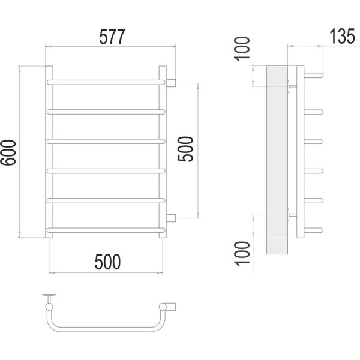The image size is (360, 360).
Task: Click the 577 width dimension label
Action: pos(112,37)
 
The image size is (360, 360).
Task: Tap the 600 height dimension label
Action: pos(8,152)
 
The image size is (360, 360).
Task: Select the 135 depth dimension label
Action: pos(342,36)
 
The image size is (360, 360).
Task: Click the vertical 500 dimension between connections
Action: pos(186,149)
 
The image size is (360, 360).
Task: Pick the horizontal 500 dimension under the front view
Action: pos(107,262)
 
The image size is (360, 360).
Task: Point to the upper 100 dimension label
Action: pos(242,49)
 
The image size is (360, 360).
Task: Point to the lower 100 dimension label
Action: pos(242,253)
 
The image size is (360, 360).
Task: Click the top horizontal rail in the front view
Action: pos(106,82)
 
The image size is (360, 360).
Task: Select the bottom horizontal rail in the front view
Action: pos(106,230)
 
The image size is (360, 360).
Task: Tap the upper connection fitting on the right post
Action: pos(171,83)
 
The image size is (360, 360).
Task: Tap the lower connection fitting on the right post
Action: pos(171,218)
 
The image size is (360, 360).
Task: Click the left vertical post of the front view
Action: pos(49,152)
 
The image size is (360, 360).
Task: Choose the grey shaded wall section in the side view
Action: pos(277,160)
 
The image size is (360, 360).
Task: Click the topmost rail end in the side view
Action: pos(314,76)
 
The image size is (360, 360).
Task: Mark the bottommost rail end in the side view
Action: pos(314,230)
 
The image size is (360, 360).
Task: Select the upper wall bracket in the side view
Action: pos(292,86)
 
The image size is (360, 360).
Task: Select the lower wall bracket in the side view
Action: pos(292,215)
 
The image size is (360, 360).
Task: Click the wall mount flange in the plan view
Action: pos(49,295)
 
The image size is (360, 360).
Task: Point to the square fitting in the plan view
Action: pos(171,307)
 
